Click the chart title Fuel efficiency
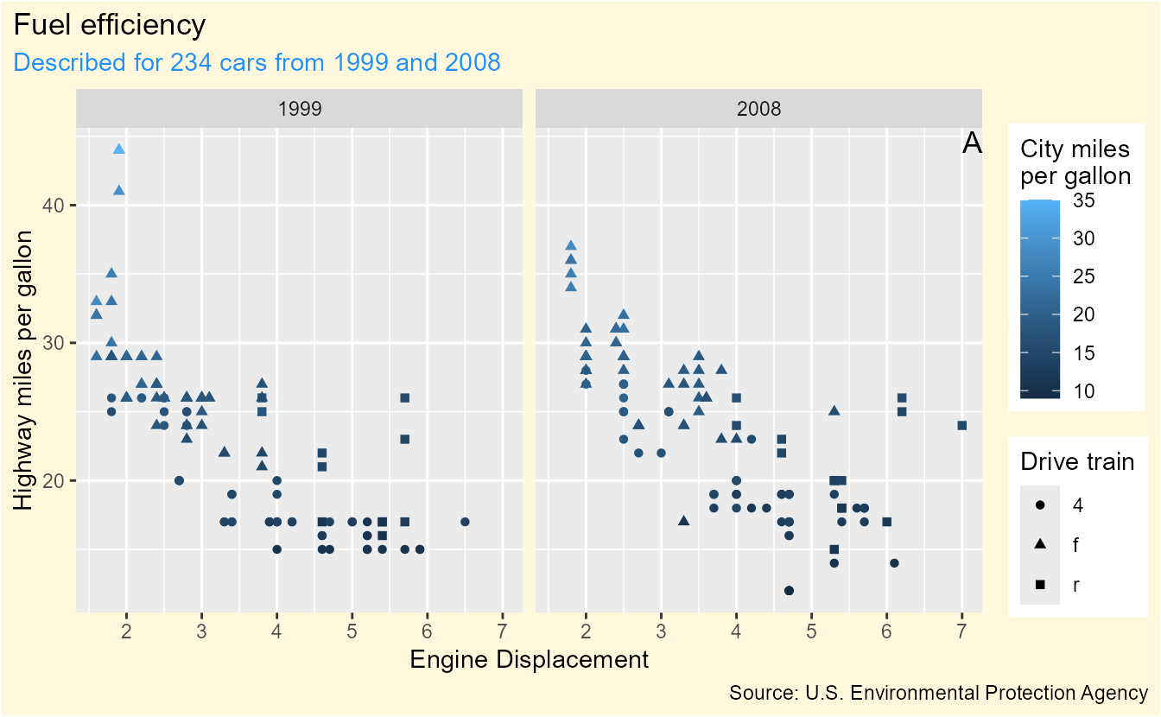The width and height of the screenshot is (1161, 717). click(x=110, y=26)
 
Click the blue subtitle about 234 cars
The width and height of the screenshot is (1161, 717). click(x=257, y=62)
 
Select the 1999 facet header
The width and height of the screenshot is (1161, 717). click(x=300, y=109)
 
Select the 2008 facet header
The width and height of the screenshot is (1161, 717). click(x=759, y=109)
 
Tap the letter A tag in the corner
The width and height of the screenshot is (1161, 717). click(x=972, y=144)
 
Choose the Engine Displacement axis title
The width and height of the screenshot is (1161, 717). click(x=529, y=660)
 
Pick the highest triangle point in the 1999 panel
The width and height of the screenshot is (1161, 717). click(x=119, y=149)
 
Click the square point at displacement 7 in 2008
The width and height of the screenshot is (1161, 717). click(x=961, y=425)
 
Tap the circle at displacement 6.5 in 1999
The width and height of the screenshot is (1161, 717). click(x=465, y=522)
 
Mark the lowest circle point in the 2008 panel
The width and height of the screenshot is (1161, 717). click(x=789, y=591)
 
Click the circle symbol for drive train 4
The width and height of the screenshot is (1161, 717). click(x=1039, y=504)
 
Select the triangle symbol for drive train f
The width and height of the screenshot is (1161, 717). click(x=1039, y=544)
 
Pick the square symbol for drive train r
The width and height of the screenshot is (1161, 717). click(x=1039, y=585)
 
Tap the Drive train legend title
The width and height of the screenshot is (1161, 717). click(x=1077, y=461)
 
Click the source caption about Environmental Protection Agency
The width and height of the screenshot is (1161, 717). click(x=938, y=693)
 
